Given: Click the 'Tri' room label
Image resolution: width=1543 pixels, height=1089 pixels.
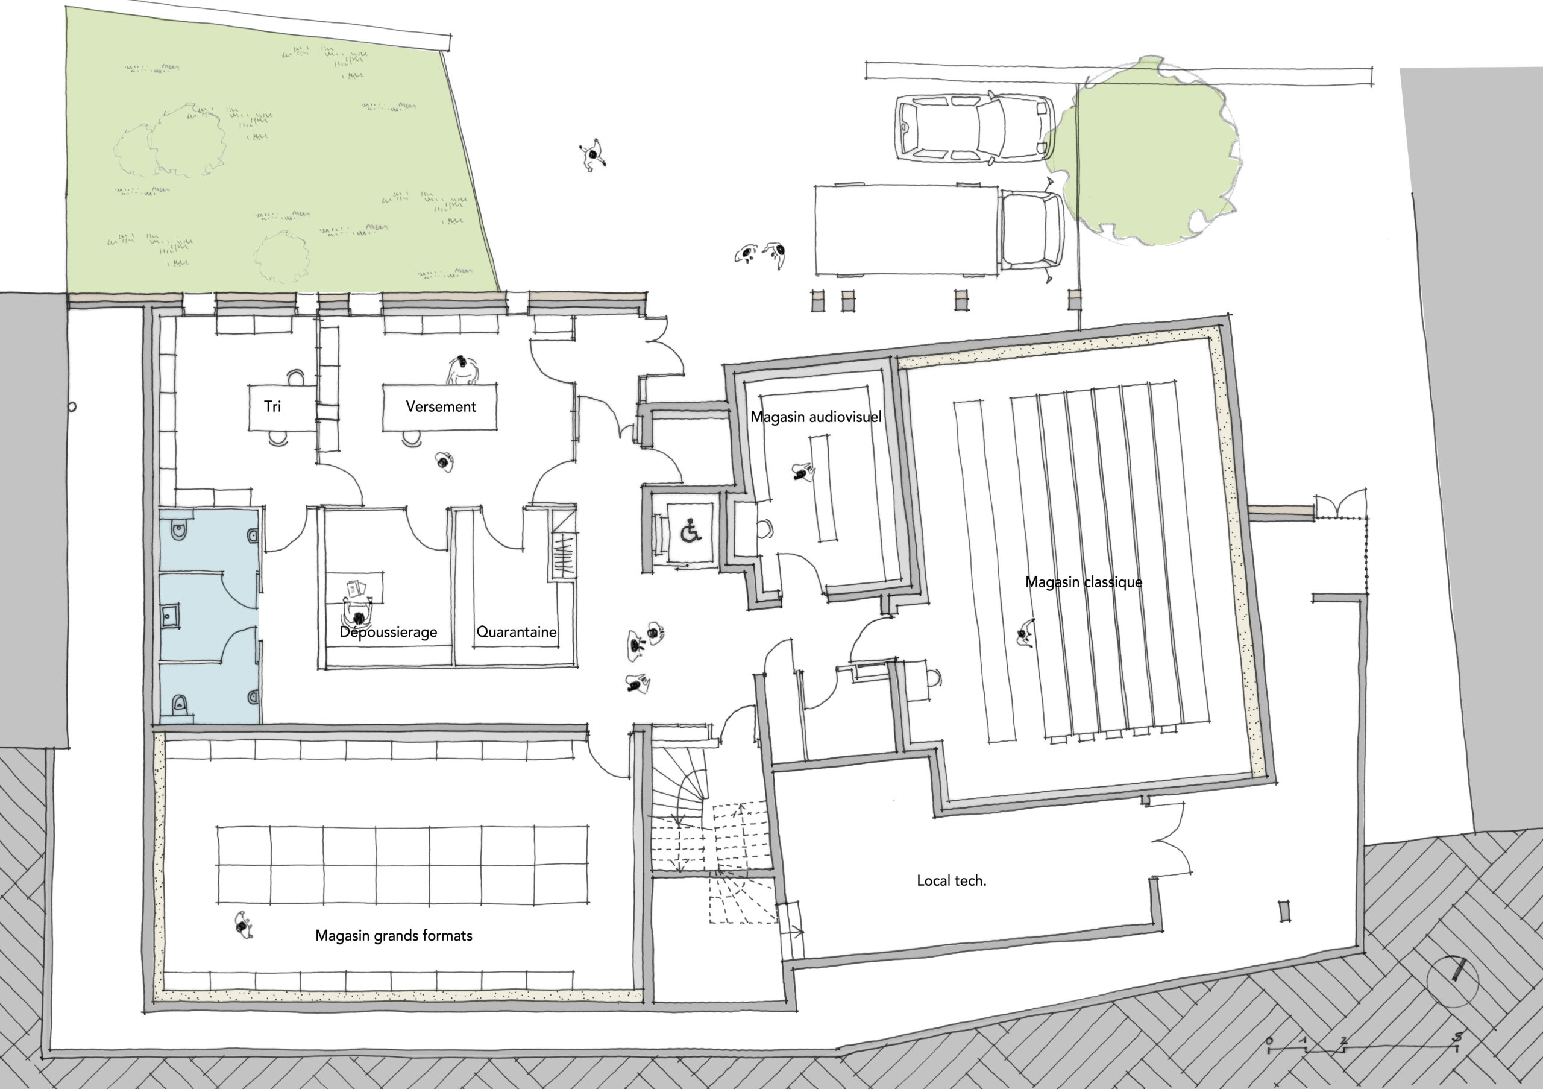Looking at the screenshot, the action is click(x=272, y=406).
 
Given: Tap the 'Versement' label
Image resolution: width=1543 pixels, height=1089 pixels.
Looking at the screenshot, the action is click(x=441, y=406).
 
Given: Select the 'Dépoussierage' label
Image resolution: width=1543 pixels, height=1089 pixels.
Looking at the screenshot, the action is click(x=388, y=632).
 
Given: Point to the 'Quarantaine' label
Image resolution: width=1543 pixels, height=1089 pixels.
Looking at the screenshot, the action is click(x=516, y=632).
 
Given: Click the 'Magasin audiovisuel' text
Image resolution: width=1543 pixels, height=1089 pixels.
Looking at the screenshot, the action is click(x=816, y=417).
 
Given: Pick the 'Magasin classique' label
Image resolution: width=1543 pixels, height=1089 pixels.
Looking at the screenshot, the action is click(x=1083, y=582).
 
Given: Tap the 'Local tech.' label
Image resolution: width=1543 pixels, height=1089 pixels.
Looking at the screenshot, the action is click(x=952, y=880).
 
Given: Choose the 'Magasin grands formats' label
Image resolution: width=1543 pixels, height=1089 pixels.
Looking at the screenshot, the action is click(x=394, y=936).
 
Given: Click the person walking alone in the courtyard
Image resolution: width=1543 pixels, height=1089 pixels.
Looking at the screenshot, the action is click(x=592, y=156).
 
